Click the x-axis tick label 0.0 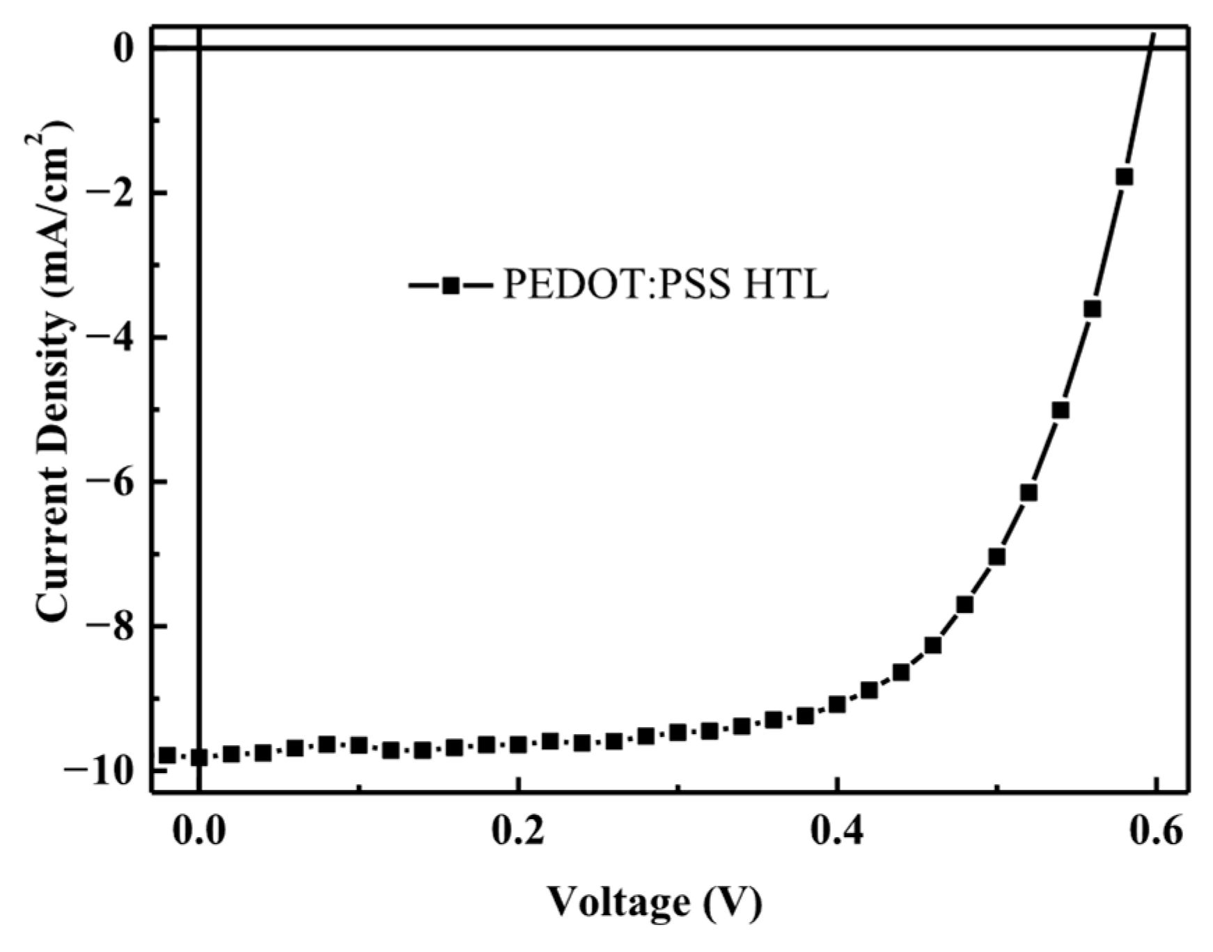(199, 832)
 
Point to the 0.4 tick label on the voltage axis (836, 832)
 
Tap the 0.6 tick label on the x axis (1155, 832)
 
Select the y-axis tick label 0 (123, 49)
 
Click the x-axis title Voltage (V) (654, 903)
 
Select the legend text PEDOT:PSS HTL (666, 285)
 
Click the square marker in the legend (451, 285)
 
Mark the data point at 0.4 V (837, 705)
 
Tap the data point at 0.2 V (518, 745)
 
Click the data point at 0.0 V (199, 758)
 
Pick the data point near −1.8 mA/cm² (1124, 177)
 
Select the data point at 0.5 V (996, 557)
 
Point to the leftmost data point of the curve (167, 756)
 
